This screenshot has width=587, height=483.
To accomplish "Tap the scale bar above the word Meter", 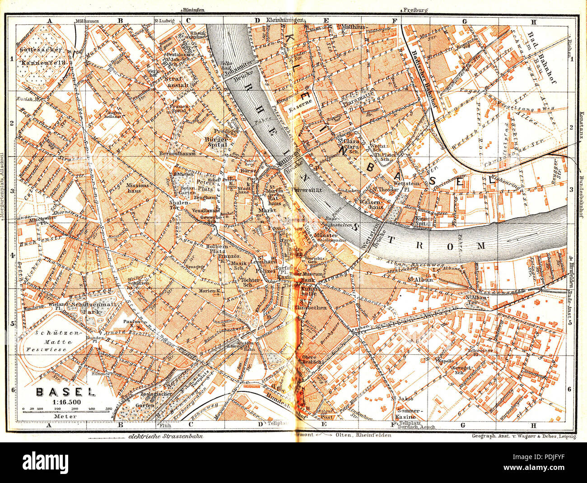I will click(66, 409).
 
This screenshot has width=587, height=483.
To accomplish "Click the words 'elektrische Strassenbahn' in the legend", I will click(165, 436).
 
